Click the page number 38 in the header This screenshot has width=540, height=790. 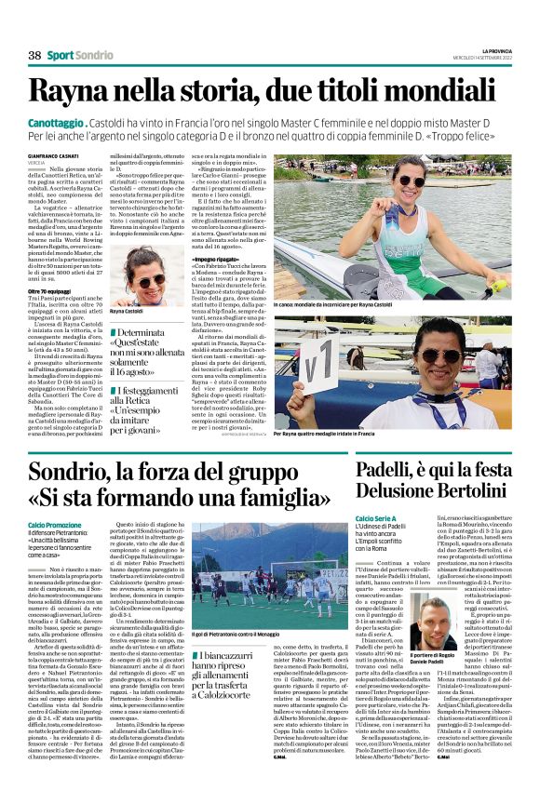coord(34,56)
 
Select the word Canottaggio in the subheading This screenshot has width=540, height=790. coord(57,122)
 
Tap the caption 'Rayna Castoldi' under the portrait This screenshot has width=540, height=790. coord(133,312)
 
